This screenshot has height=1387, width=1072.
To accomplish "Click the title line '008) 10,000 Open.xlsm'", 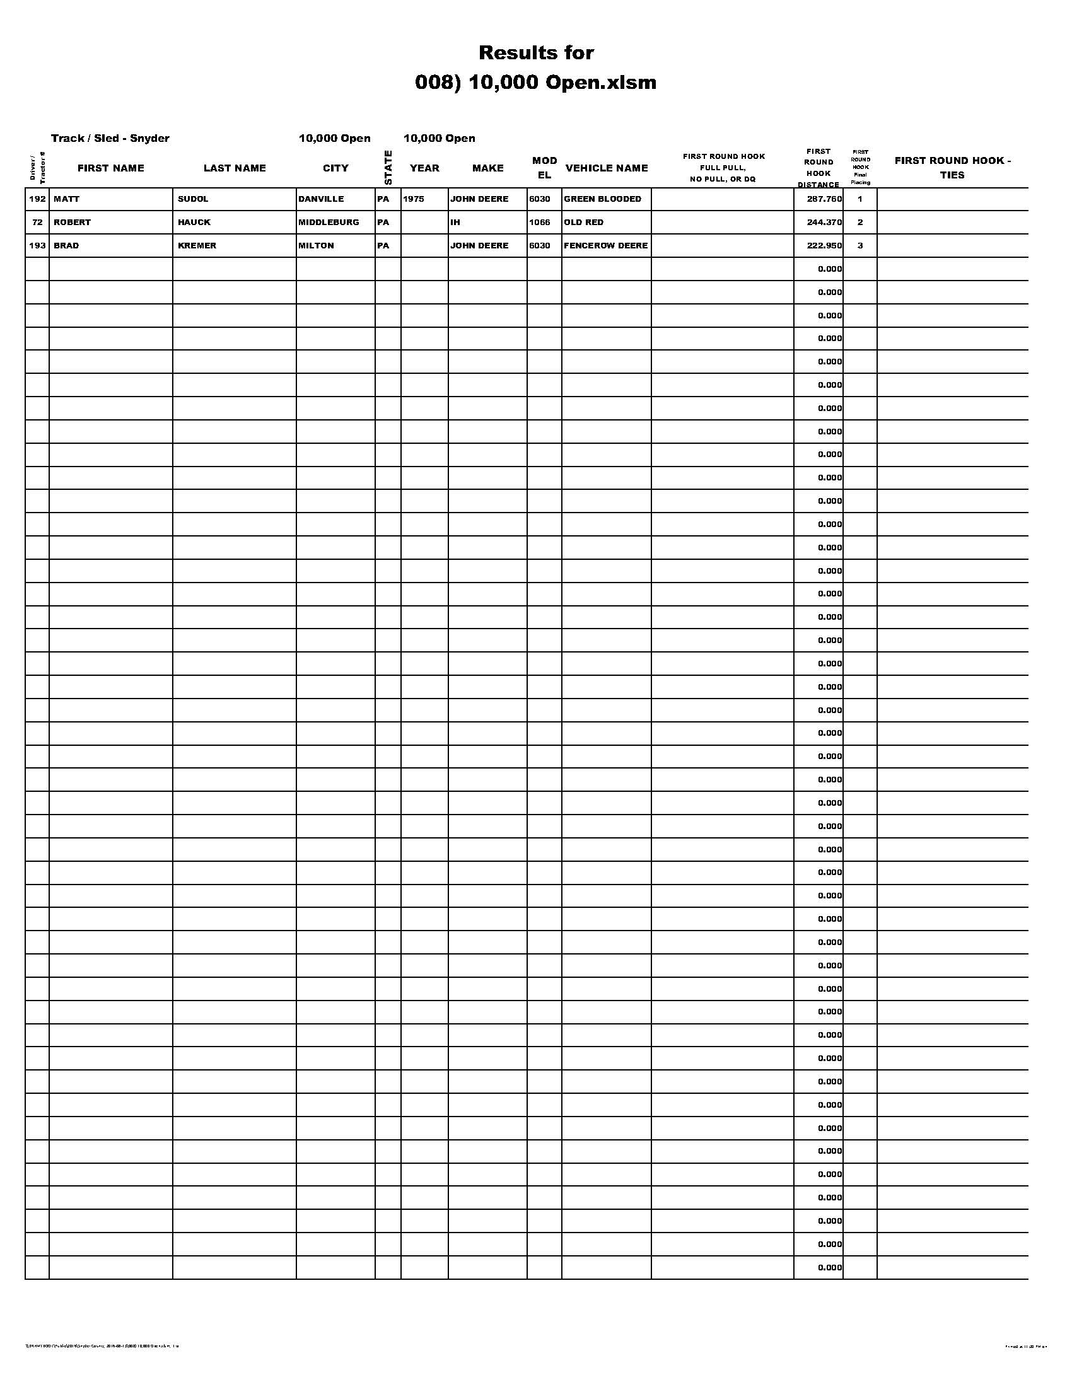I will [535, 83].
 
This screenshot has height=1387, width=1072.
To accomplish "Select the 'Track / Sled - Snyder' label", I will [110, 139].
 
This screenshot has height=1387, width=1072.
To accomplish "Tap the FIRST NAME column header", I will [110, 168].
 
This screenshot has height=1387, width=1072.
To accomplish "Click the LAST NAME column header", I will [235, 168].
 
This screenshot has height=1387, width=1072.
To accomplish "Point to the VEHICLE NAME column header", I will [607, 168].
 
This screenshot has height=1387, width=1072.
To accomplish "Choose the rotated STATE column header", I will [388, 168].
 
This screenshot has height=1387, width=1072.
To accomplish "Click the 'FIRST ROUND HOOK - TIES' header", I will [952, 168].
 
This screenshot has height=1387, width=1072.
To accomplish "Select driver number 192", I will [37, 199].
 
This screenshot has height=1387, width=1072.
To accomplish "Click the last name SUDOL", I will [193, 199].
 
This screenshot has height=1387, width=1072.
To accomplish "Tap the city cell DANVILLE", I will [322, 199].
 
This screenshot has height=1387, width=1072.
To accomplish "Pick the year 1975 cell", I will [414, 199].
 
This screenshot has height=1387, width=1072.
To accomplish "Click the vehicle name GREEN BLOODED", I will [603, 199].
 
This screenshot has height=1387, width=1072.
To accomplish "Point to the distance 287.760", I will [824, 199].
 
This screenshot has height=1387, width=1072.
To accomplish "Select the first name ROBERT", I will [73, 223].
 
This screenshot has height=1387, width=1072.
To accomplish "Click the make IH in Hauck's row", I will [455, 223].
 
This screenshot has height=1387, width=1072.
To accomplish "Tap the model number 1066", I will [540, 223].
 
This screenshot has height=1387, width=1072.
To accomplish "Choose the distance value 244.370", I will [824, 223].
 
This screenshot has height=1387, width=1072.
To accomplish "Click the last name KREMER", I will [197, 246].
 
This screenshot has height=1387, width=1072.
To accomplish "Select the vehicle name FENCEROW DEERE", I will [606, 246].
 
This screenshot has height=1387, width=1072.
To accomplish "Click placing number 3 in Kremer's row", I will [860, 246].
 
